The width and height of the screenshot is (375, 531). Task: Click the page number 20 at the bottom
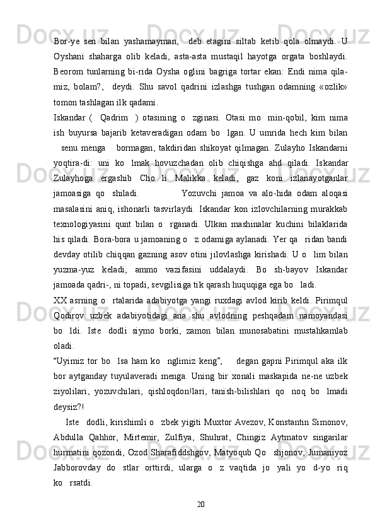[x=200, y=503]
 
